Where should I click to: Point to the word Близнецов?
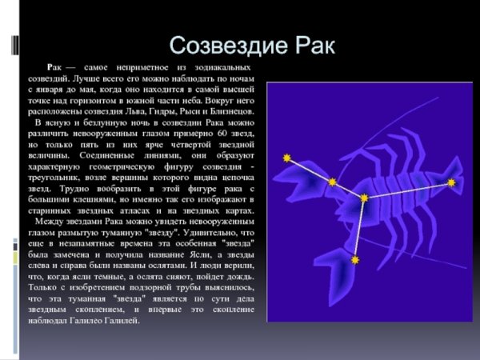[233, 114]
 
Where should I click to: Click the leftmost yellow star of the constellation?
[286, 158]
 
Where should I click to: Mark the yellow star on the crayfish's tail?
[451, 182]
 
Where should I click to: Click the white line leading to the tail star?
[408, 190]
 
